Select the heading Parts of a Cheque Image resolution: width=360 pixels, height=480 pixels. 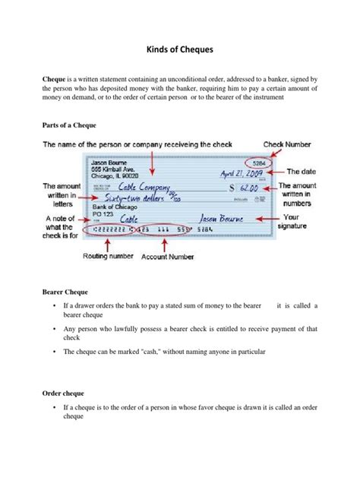point(68,124)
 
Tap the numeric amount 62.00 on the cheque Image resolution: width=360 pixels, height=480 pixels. point(251,186)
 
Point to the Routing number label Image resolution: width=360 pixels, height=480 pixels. point(107,257)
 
